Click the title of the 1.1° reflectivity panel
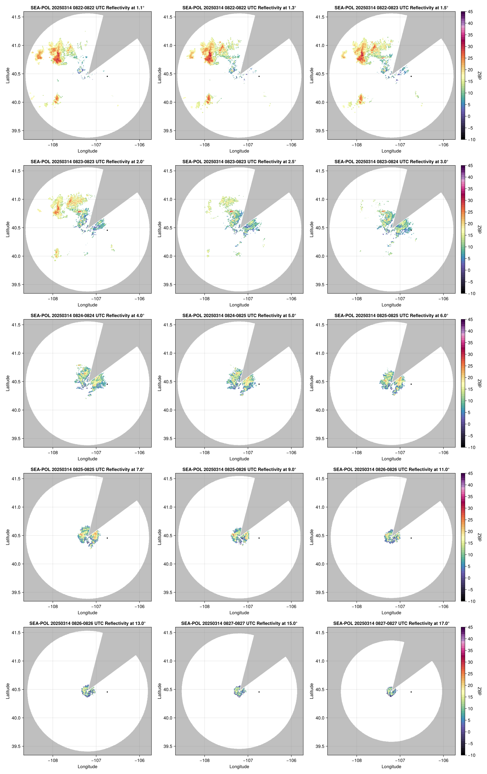[x=87, y=8]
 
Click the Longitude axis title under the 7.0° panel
[x=87, y=613]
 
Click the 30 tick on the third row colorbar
[x=470, y=354]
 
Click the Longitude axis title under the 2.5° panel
[x=239, y=305]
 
